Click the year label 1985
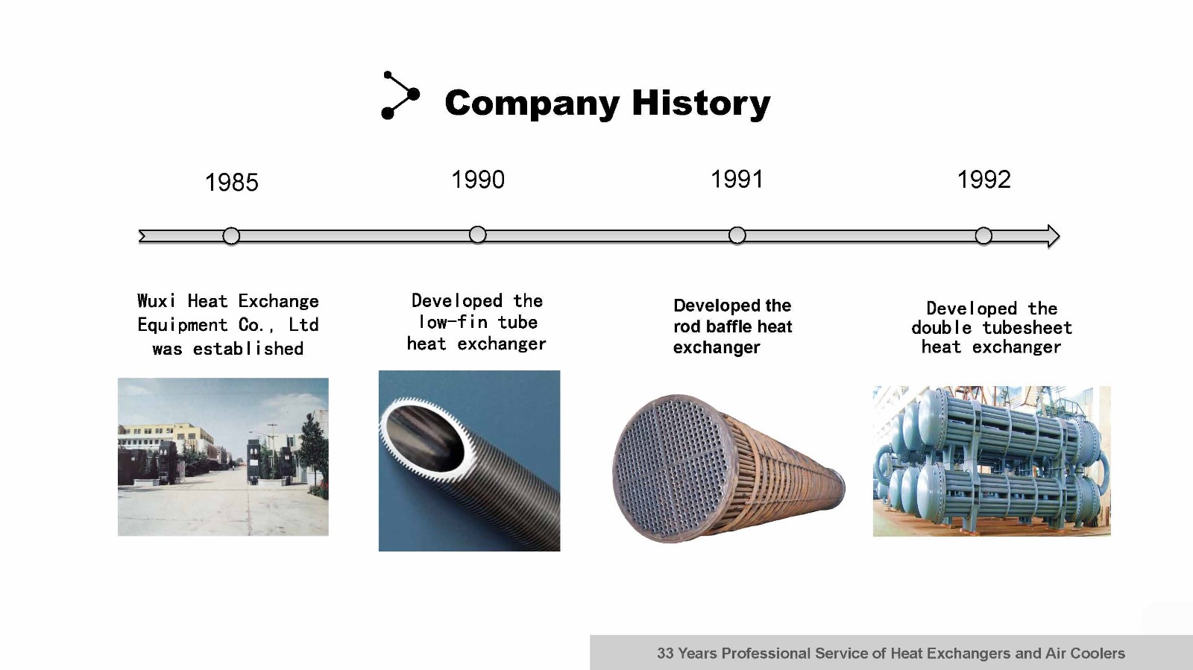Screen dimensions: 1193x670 232,183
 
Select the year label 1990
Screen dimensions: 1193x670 478,180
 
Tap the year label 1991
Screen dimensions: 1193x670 737,179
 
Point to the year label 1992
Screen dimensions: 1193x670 983,180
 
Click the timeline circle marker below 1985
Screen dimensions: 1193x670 231,236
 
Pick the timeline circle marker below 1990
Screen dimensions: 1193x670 478,235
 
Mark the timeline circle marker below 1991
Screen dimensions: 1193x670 737,236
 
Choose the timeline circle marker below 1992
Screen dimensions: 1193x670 983,236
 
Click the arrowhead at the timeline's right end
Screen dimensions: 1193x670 1053,236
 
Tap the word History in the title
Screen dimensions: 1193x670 701,102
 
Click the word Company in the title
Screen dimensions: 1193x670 532,104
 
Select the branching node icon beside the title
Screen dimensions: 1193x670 400,95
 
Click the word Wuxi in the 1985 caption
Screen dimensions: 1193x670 156,300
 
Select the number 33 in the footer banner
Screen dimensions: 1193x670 665,653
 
